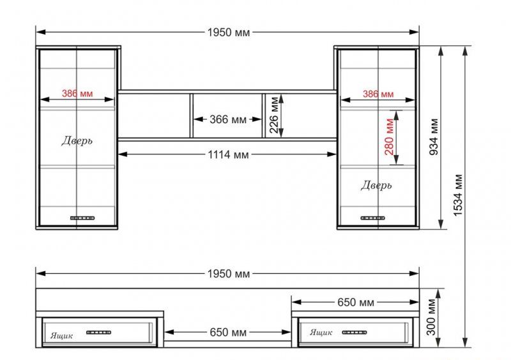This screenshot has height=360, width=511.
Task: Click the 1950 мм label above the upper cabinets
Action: (x=229, y=33)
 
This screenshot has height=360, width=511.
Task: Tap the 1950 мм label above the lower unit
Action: (x=229, y=274)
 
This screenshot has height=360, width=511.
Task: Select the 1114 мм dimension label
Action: (x=229, y=154)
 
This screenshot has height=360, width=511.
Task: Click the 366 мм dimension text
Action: (x=228, y=119)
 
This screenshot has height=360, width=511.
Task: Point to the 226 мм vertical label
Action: (x=275, y=115)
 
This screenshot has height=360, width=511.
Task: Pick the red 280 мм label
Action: (x=389, y=137)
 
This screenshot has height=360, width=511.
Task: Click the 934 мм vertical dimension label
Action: (x=434, y=137)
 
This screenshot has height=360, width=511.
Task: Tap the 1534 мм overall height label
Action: (x=458, y=195)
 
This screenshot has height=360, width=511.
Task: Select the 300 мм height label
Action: (x=431, y=317)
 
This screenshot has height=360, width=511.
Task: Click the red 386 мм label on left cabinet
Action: (x=77, y=93)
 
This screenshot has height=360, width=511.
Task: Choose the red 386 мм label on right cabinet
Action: (x=378, y=94)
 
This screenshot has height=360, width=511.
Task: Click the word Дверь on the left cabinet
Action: (x=77, y=140)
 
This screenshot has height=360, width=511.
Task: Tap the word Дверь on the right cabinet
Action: (x=376, y=185)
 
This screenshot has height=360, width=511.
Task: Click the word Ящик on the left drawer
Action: (x=61, y=336)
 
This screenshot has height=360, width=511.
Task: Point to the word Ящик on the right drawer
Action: (x=321, y=333)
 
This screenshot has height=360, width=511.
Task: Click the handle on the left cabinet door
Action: (x=82, y=218)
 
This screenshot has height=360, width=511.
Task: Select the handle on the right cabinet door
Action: (x=373, y=218)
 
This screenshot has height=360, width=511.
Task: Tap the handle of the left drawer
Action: (x=99, y=333)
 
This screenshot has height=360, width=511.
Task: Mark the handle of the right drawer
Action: (x=355, y=333)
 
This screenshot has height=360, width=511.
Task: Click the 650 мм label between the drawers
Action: (x=228, y=333)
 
